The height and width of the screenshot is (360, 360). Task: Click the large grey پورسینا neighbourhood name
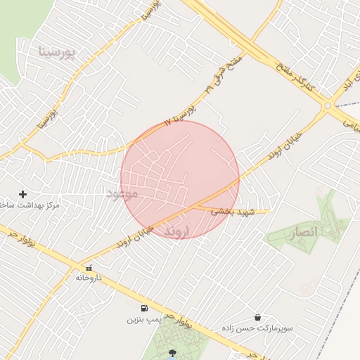point(56,51)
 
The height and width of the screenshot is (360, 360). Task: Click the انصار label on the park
point(304,231)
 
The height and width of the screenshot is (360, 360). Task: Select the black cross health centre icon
point(22,194)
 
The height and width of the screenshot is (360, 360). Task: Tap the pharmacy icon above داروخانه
point(89,268)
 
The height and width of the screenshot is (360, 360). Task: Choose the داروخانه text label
point(89,278)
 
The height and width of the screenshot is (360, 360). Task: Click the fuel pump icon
point(144,308)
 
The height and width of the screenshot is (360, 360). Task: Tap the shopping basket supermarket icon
point(258,318)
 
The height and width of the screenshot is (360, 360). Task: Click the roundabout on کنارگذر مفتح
point(328,105)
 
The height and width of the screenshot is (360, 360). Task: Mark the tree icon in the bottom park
point(173,354)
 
